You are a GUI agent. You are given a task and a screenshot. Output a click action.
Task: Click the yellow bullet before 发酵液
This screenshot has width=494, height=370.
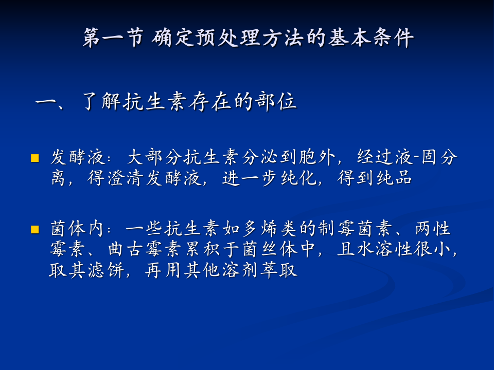tap(35, 158)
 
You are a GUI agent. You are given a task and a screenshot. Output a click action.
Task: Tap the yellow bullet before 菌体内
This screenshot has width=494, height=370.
tap(35, 229)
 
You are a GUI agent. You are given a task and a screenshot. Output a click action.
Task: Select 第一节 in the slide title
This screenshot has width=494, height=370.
tap(113, 39)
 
